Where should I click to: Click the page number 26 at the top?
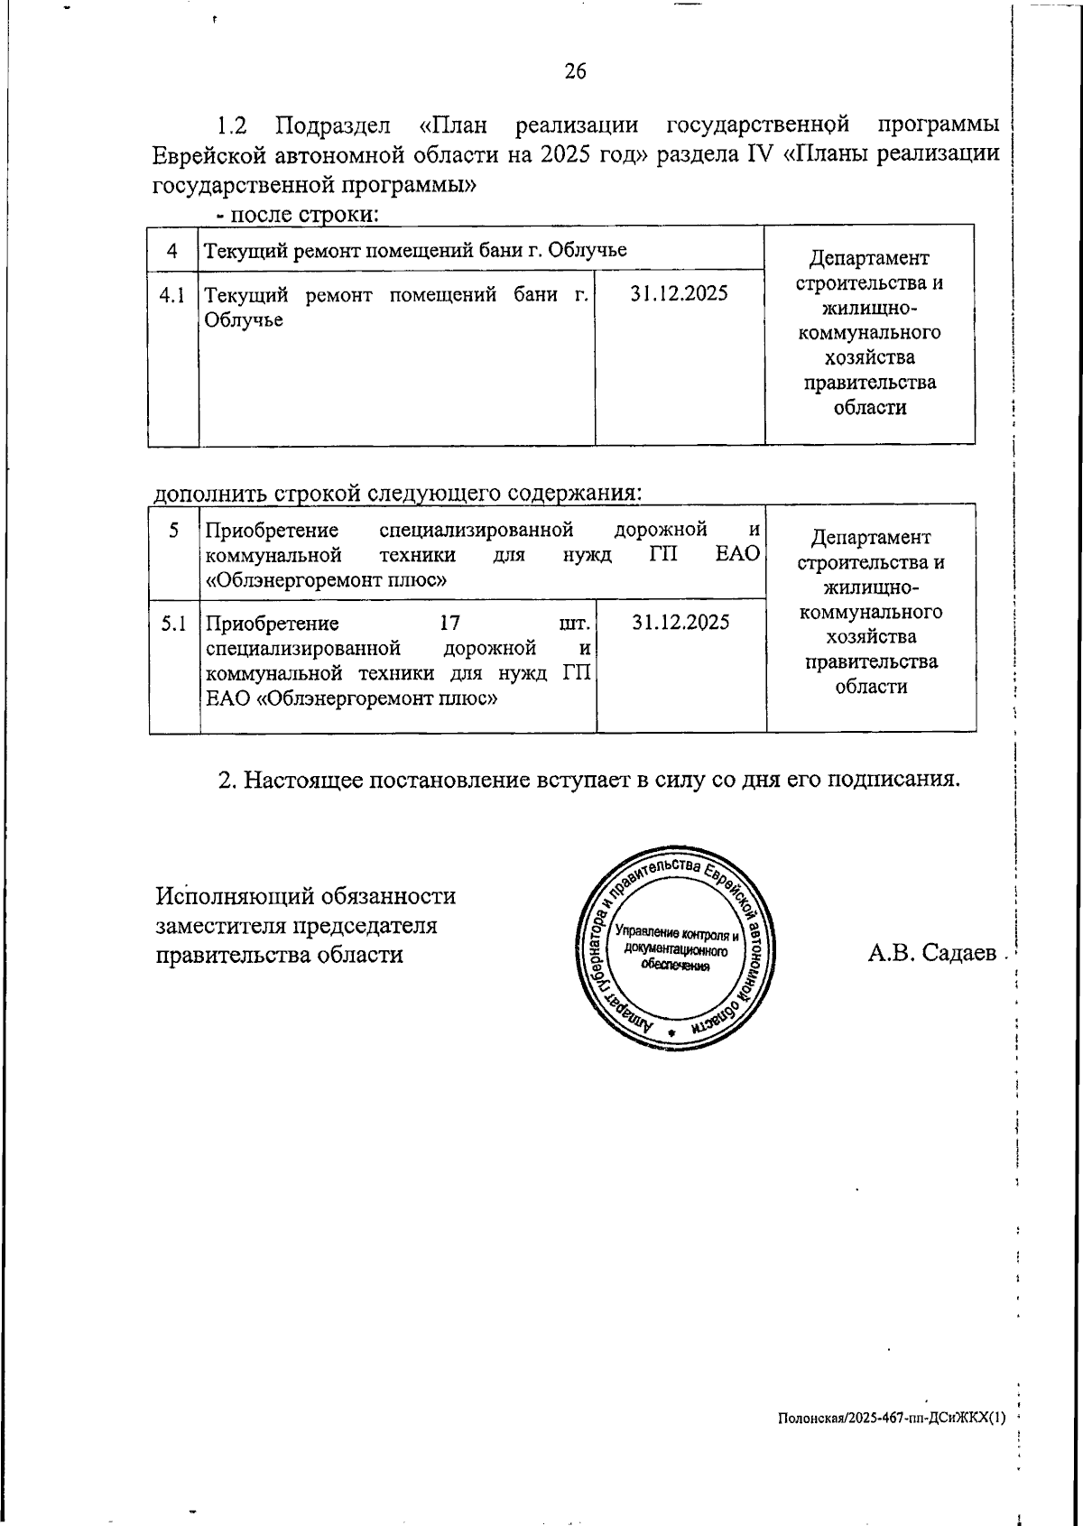[x=575, y=71]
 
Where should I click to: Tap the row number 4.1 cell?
[x=172, y=295]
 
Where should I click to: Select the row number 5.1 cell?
[x=173, y=624]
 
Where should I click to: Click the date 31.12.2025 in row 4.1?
[x=679, y=293]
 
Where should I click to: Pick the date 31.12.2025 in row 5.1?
[x=680, y=622]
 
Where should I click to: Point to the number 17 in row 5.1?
[x=449, y=624]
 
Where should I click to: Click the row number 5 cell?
[x=173, y=531]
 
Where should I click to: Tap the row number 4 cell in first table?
[x=172, y=250]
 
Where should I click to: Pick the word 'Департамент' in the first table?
[x=868, y=258]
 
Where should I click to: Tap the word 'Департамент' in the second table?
[x=870, y=538]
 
